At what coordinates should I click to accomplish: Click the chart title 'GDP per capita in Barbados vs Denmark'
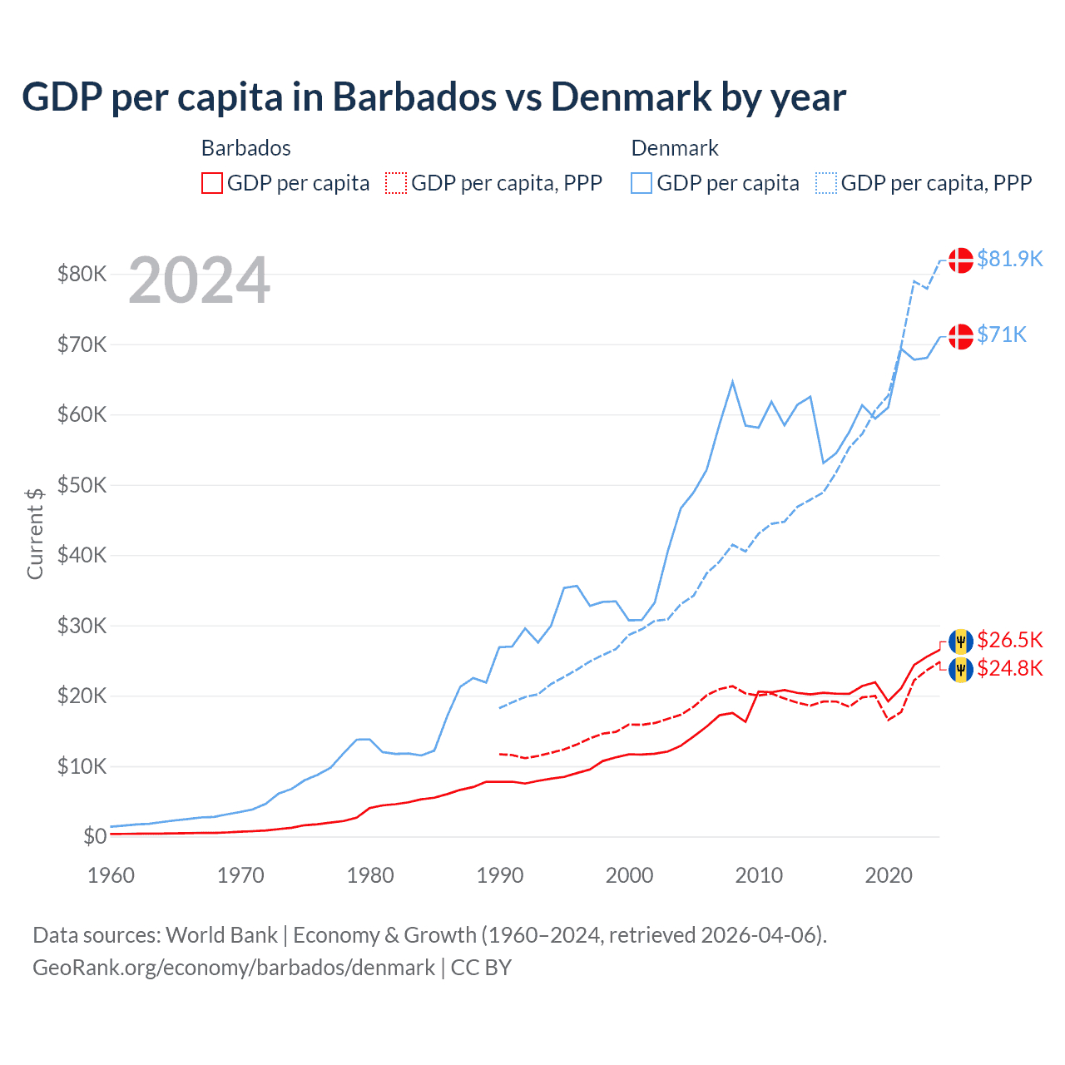(433, 97)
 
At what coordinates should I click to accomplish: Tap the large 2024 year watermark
(199, 280)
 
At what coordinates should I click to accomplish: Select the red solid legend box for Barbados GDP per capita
(212, 183)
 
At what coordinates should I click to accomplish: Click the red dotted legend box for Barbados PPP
(396, 183)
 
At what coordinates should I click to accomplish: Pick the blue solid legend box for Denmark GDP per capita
(641, 183)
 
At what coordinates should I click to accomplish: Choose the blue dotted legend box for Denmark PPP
(826, 183)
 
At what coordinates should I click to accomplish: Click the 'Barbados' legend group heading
(246, 148)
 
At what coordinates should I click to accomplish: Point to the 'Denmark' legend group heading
(675, 148)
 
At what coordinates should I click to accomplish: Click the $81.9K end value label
(1009, 260)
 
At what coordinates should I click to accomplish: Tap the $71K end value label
(1002, 334)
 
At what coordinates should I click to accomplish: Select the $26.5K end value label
(1009, 640)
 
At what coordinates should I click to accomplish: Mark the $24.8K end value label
(1009, 668)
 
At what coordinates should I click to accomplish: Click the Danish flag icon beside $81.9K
(961, 260)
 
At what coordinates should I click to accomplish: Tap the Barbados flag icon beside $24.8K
(961, 670)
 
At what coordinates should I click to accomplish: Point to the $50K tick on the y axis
(82, 485)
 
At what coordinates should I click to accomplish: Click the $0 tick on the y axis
(95, 836)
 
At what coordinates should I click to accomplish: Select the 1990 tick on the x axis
(500, 875)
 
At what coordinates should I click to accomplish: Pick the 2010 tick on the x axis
(759, 875)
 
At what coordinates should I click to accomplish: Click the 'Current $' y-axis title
(35, 533)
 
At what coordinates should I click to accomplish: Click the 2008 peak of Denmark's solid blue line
(732, 382)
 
